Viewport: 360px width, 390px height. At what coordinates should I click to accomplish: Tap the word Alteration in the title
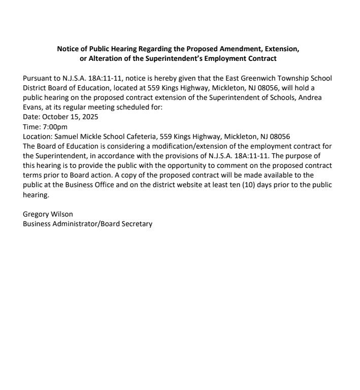pyautogui.click(x=106, y=58)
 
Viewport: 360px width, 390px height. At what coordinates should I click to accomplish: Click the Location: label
pyautogui.click(x=38, y=136)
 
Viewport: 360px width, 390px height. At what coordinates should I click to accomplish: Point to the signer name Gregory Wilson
pyautogui.click(x=48, y=214)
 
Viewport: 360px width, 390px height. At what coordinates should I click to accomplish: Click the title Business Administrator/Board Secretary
pyautogui.click(x=87, y=224)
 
